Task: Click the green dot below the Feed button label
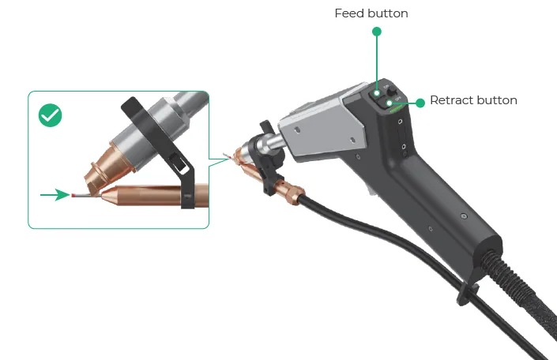click(x=377, y=32)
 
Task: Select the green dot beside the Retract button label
click(x=420, y=103)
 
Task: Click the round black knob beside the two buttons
click(x=392, y=92)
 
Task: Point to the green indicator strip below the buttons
click(x=396, y=109)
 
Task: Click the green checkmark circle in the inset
click(x=50, y=115)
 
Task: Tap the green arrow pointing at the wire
click(x=55, y=194)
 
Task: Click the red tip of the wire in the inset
click(x=73, y=195)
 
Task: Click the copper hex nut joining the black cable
click(x=295, y=195)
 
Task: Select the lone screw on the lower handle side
click(x=463, y=216)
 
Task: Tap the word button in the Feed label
click(x=388, y=13)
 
